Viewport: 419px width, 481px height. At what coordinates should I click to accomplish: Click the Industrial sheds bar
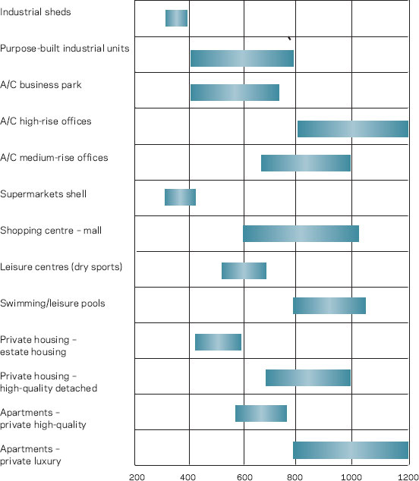point(176,18)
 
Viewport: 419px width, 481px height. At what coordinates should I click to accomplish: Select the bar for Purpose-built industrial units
point(242,58)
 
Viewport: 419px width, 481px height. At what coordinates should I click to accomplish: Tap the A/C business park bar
point(235,93)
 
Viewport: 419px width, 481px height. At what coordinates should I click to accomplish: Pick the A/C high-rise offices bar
point(353,129)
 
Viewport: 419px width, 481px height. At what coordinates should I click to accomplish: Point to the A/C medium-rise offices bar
point(306,163)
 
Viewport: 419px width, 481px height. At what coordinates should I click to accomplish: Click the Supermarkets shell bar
point(180,197)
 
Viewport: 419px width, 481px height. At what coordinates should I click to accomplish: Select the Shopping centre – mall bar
point(301,234)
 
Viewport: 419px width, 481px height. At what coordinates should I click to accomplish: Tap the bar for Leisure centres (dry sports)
point(244,271)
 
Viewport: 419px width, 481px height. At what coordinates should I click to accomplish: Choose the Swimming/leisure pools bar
point(329,306)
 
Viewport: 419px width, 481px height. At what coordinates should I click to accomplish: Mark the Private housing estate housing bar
point(219,342)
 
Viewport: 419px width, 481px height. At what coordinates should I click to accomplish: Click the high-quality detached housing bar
point(308,378)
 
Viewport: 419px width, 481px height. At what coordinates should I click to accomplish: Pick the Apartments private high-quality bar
point(261,413)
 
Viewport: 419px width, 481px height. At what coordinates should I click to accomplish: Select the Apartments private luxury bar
point(351,450)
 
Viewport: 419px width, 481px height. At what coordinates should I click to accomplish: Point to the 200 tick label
point(137,477)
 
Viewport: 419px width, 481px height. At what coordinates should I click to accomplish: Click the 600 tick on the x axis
point(244,477)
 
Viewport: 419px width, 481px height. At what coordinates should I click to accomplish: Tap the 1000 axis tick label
point(351,477)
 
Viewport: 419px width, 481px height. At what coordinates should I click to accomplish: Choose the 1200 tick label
point(408,477)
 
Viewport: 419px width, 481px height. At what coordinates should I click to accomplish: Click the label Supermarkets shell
point(43,194)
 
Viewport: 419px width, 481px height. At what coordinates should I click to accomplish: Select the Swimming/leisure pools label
point(52,303)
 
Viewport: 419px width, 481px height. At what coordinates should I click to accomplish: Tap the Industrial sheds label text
point(36,12)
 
